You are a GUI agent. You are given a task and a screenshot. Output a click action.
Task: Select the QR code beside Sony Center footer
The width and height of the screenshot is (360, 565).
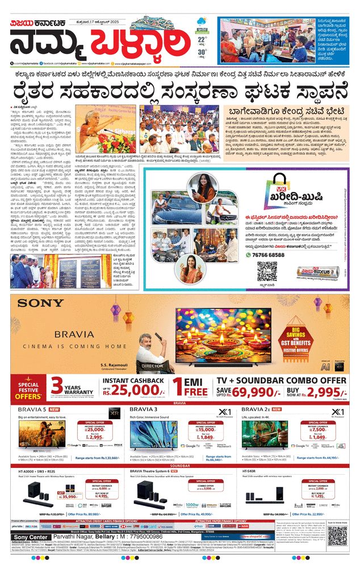[337, 535]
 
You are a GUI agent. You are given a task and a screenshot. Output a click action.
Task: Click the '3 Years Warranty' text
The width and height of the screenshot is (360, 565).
[71, 387]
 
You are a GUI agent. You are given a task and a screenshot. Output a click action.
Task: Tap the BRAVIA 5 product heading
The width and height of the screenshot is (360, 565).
[33, 409]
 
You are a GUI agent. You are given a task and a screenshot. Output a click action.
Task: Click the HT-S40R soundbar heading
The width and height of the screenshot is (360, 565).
[250, 471]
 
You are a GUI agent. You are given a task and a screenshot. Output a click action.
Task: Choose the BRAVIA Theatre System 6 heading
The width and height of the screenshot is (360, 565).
[158, 471]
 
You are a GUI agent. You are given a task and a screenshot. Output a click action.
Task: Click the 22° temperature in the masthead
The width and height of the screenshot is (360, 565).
[202, 40]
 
